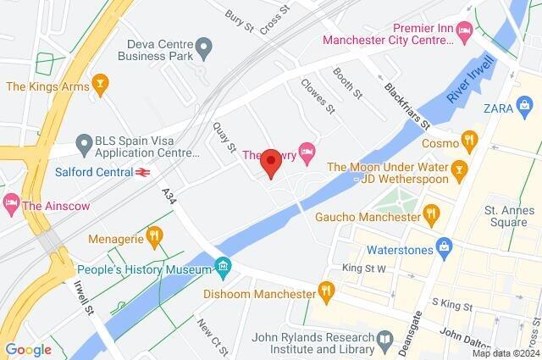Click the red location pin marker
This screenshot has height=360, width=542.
271,162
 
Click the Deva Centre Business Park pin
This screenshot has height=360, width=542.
204,44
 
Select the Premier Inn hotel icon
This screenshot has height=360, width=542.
463,30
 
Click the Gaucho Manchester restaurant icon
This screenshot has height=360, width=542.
432,215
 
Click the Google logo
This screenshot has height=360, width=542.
28,349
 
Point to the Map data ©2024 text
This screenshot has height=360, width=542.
506,353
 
